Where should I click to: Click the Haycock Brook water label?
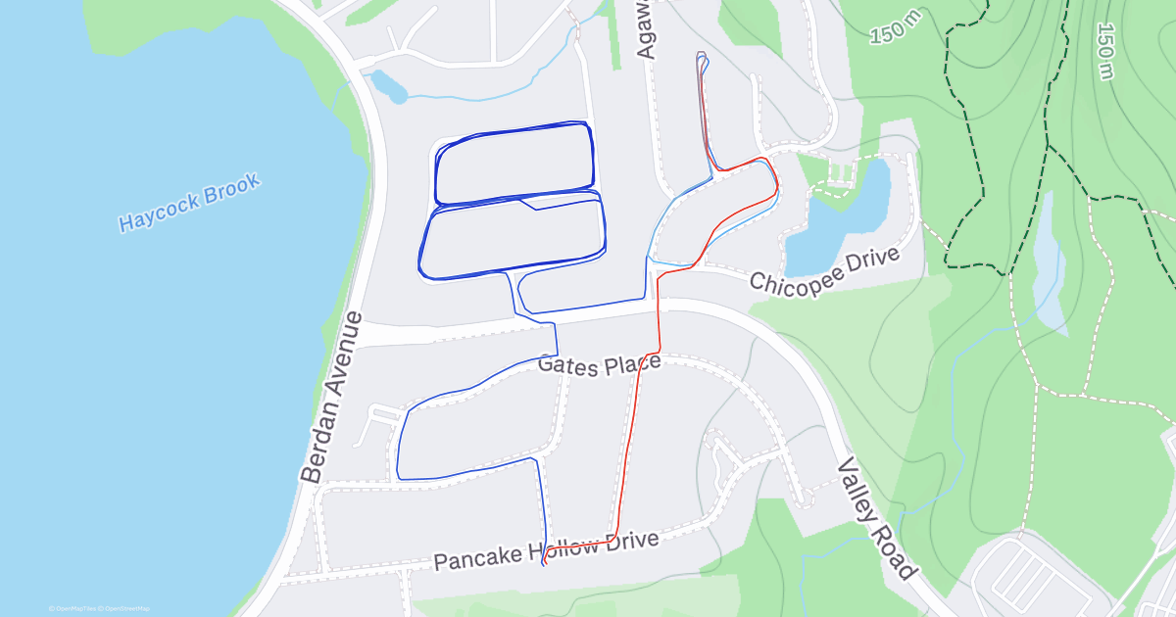coord(189,203)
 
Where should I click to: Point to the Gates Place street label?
coord(600,364)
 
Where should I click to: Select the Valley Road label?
coord(876,520)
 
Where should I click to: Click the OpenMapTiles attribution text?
coord(73,609)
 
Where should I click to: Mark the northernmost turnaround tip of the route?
coord(701,54)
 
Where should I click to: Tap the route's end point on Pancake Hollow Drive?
coord(543,564)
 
